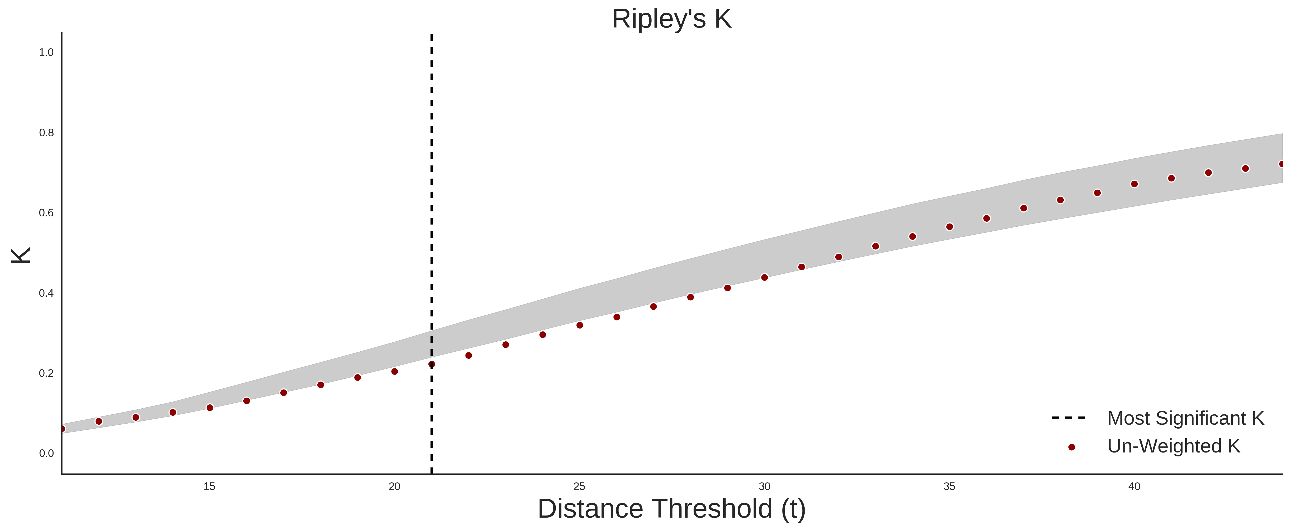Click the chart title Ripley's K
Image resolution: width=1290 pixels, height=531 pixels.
[672, 19]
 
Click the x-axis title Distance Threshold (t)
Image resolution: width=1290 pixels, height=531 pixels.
[672, 509]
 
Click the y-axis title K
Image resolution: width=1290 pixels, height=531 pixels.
[21, 256]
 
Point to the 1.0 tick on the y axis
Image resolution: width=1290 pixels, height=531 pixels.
[46, 53]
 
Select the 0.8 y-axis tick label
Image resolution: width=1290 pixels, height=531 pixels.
[46, 133]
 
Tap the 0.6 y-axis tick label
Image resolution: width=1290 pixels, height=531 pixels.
[46, 213]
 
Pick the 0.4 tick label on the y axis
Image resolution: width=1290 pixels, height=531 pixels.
[46, 293]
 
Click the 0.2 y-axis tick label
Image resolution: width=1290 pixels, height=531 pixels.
[46, 373]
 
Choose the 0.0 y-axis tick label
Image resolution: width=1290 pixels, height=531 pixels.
[46, 453]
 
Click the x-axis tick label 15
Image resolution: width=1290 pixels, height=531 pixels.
[209, 486]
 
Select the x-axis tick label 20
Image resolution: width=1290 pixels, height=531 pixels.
[395, 486]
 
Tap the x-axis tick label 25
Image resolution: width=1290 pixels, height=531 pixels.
[579, 486]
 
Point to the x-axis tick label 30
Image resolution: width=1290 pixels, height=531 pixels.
[764, 486]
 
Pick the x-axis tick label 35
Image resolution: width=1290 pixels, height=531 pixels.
[950, 486]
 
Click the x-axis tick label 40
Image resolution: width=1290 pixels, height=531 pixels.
[1134, 486]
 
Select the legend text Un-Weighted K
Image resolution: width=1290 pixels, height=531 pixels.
[1174, 446]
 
